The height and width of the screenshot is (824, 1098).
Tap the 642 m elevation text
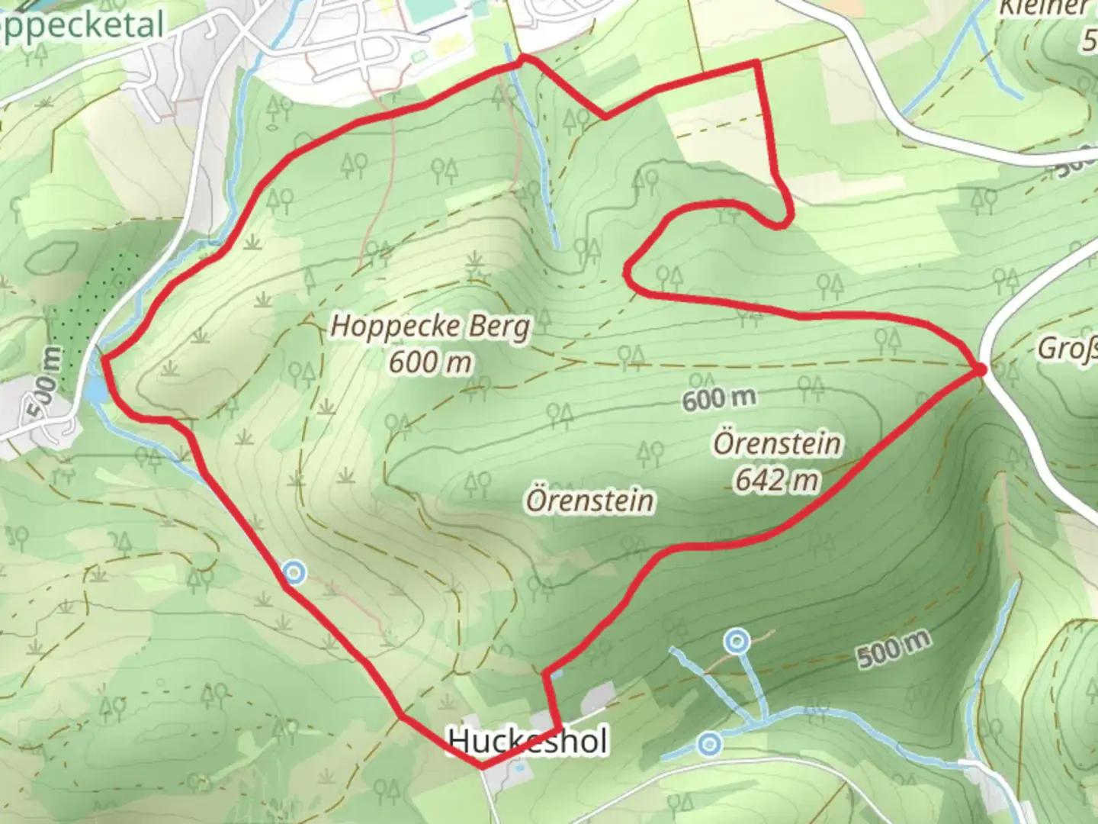[777, 480]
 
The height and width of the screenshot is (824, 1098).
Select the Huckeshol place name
[528, 741]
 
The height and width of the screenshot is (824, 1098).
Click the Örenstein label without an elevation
[589, 501]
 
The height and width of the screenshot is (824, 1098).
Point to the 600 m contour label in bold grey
[719, 398]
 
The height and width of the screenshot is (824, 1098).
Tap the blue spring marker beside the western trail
[294, 571]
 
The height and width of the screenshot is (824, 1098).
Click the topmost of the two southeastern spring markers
[736, 642]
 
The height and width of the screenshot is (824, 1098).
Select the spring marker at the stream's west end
[710, 743]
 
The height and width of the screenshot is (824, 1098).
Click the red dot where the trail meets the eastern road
[981, 370]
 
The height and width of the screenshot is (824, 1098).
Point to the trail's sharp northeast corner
[757, 63]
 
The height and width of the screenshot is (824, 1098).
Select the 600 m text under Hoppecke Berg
[430, 362]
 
